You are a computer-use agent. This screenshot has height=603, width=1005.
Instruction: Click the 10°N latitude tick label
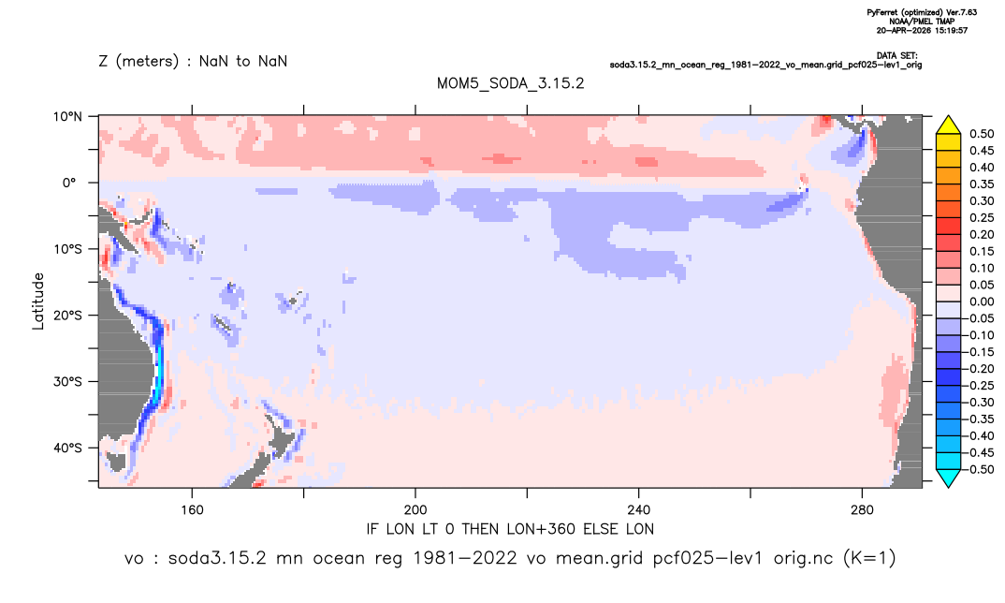[x=67, y=116]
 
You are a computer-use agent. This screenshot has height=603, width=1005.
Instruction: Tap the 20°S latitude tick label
[x=67, y=315]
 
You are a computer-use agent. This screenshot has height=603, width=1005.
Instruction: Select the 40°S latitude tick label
[x=67, y=448]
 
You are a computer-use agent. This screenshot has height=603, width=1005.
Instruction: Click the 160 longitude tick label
[x=192, y=510]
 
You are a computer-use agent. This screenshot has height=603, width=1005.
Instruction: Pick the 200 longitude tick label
[x=415, y=510]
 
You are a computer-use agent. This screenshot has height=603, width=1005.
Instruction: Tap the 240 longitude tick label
[x=638, y=510]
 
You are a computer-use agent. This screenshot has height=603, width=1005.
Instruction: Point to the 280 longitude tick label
[x=862, y=510]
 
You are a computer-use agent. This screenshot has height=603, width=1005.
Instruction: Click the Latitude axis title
[x=38, y=301]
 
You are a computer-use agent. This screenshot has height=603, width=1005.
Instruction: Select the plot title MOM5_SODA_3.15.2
[x=511, y=84]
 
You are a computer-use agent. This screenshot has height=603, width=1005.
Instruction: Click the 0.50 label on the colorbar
[x=982, y=134]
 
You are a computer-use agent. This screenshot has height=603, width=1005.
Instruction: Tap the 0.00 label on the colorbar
[x=982, y=301]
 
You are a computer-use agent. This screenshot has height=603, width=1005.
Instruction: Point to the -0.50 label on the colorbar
[x=980, y=469]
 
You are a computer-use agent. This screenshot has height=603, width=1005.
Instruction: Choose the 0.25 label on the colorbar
[x=982, y=217]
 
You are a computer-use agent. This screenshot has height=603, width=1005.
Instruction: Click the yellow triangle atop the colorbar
[x=949, y=125]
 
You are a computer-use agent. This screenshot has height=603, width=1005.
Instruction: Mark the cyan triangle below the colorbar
[x=949, y=478]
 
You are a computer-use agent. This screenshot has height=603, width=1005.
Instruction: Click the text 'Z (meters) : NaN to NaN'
[x=193, y=62]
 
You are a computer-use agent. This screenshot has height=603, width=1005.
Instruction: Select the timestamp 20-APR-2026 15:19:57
[x=923, y=30]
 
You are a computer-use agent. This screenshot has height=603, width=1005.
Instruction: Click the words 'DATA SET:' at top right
[x=897, y=56]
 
